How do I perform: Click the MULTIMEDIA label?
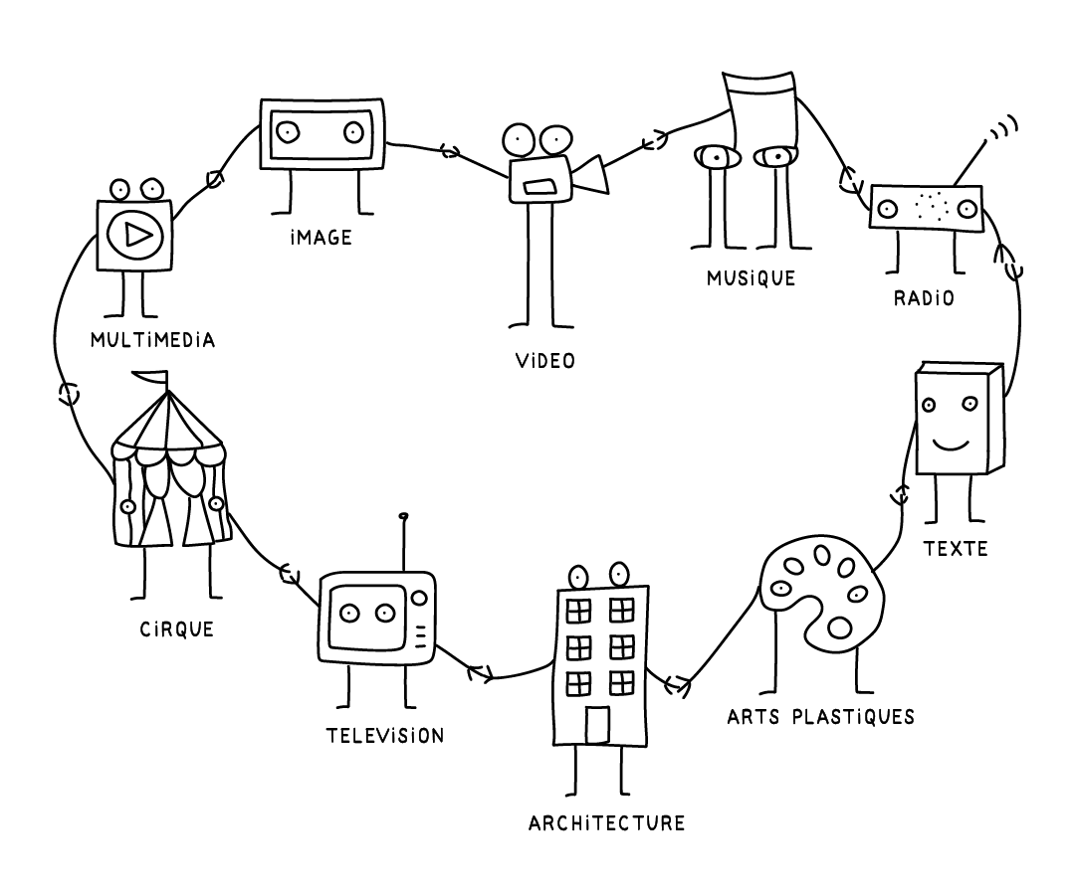[152, 340]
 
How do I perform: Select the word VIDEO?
[545, 360]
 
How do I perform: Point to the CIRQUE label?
[177, 628]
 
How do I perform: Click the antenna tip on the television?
[403, 516]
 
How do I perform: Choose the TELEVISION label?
[385, 736]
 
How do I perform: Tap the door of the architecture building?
[597, 724]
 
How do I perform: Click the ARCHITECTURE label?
[607, 823]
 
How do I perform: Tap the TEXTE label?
[956, 548]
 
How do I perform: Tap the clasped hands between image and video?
[450, 151]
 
